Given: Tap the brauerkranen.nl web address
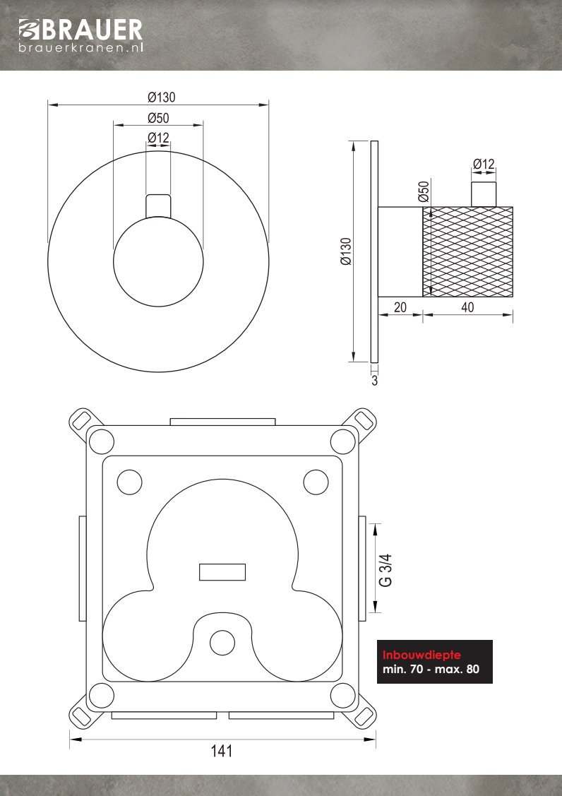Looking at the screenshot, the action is pos(80,48).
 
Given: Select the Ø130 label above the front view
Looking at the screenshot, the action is pos(162,97).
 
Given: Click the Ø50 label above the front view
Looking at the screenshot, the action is pos(158,118).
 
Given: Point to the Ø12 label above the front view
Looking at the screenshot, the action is pos(158,138).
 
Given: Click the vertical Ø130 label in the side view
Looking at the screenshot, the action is pos(346,251).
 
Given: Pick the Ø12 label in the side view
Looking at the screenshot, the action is pos(484,164).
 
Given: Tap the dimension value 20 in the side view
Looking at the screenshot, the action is pos(400,308).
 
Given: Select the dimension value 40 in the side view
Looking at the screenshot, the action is pos(467,308).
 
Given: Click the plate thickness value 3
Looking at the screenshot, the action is pos(375,381).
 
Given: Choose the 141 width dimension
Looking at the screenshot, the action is pos(222,750).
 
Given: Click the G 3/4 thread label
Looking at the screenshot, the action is pos(385,569).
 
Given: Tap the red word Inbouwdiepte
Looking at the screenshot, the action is pos(421,655).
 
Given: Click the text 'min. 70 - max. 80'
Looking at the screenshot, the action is pos(431,669).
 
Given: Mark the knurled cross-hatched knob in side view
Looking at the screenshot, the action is pos(467,251).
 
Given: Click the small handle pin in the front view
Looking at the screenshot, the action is pos(158,206).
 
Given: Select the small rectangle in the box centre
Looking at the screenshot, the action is pos(222,572).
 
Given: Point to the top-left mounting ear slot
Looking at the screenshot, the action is pos(81,420).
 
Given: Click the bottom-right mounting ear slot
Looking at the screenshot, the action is pos(364,715).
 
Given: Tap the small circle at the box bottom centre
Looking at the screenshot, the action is pos(222,642).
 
